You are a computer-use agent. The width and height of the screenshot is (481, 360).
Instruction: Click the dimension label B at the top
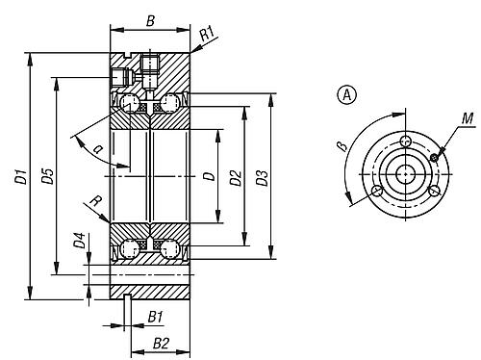150,21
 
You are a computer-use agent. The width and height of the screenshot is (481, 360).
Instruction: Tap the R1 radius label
207,34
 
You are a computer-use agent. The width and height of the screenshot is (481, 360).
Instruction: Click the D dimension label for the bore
210,176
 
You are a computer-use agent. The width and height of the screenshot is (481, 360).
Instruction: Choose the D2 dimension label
236,178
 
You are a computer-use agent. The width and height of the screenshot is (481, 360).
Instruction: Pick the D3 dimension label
263,178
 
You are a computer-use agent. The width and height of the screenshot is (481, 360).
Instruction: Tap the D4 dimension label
79,241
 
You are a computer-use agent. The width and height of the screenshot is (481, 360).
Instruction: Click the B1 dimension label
156,318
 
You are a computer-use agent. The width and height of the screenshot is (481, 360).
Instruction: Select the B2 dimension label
161,344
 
